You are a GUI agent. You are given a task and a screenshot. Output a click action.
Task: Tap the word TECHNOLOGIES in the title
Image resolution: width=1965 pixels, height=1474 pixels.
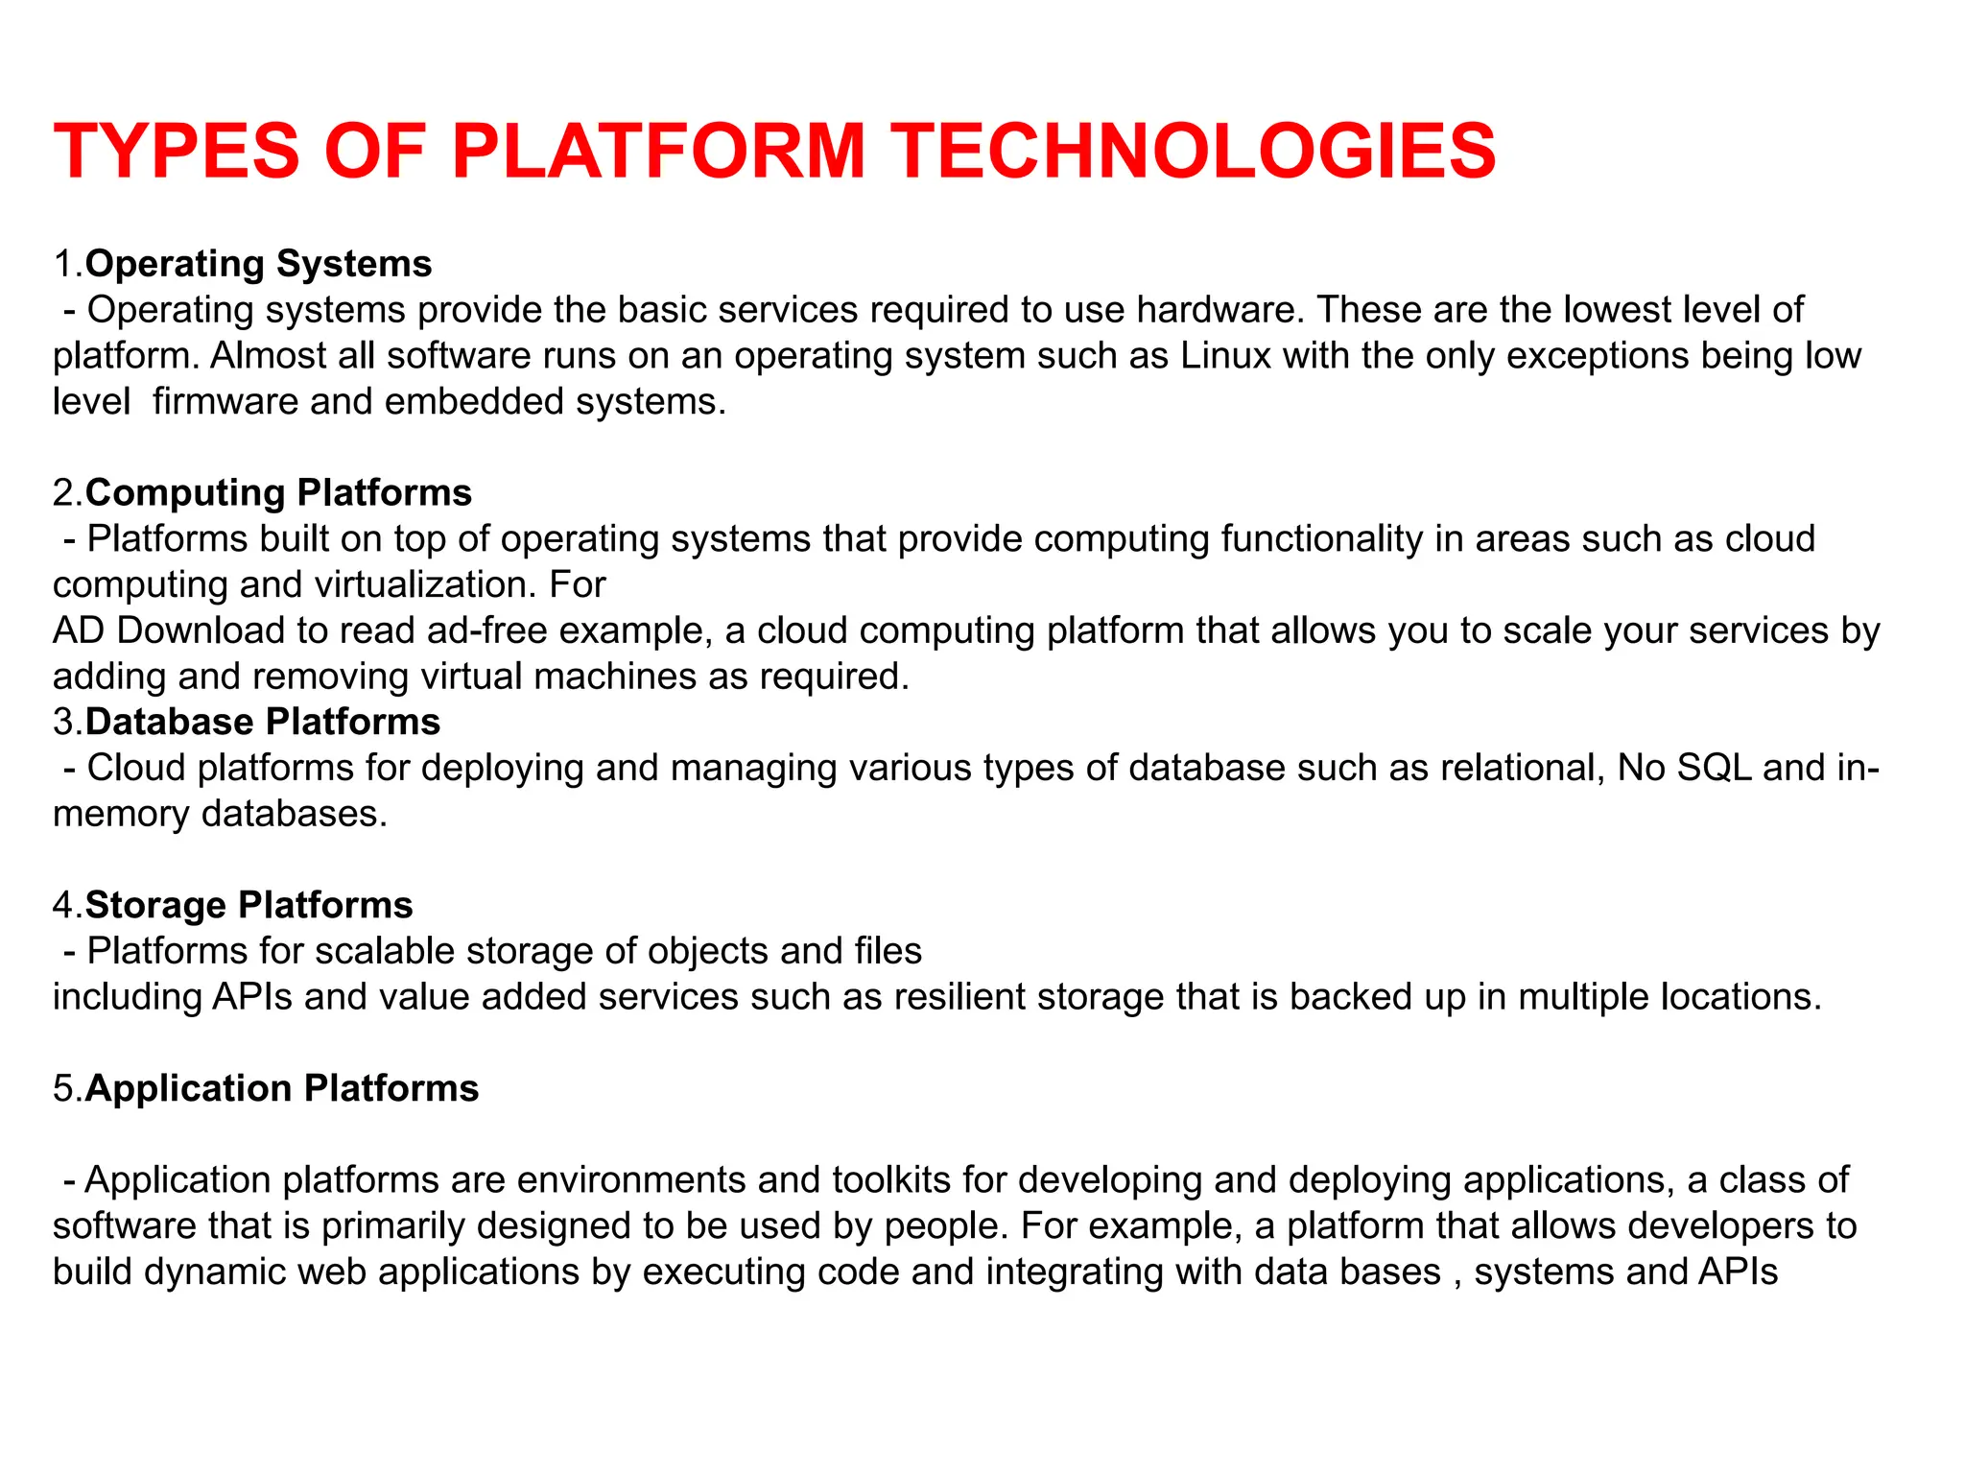click(x=1194, y=152)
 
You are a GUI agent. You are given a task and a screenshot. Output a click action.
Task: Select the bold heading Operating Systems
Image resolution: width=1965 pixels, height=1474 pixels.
click(x=258, y=264)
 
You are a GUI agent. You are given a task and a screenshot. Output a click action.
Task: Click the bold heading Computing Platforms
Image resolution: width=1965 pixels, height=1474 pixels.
click(x=278, y=492)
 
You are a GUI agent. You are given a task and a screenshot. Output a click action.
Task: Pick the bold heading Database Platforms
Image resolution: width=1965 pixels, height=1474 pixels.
click(x=262, y=722)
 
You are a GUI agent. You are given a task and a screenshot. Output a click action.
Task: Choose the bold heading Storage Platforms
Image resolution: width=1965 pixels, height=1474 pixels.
click(x=249, y=905)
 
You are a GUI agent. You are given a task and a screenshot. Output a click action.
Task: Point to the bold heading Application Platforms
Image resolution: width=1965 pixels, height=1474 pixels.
click(x=281, y=1088)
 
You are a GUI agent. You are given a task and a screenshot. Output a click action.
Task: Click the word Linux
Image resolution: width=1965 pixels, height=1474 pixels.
click(x=1225, y=356)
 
